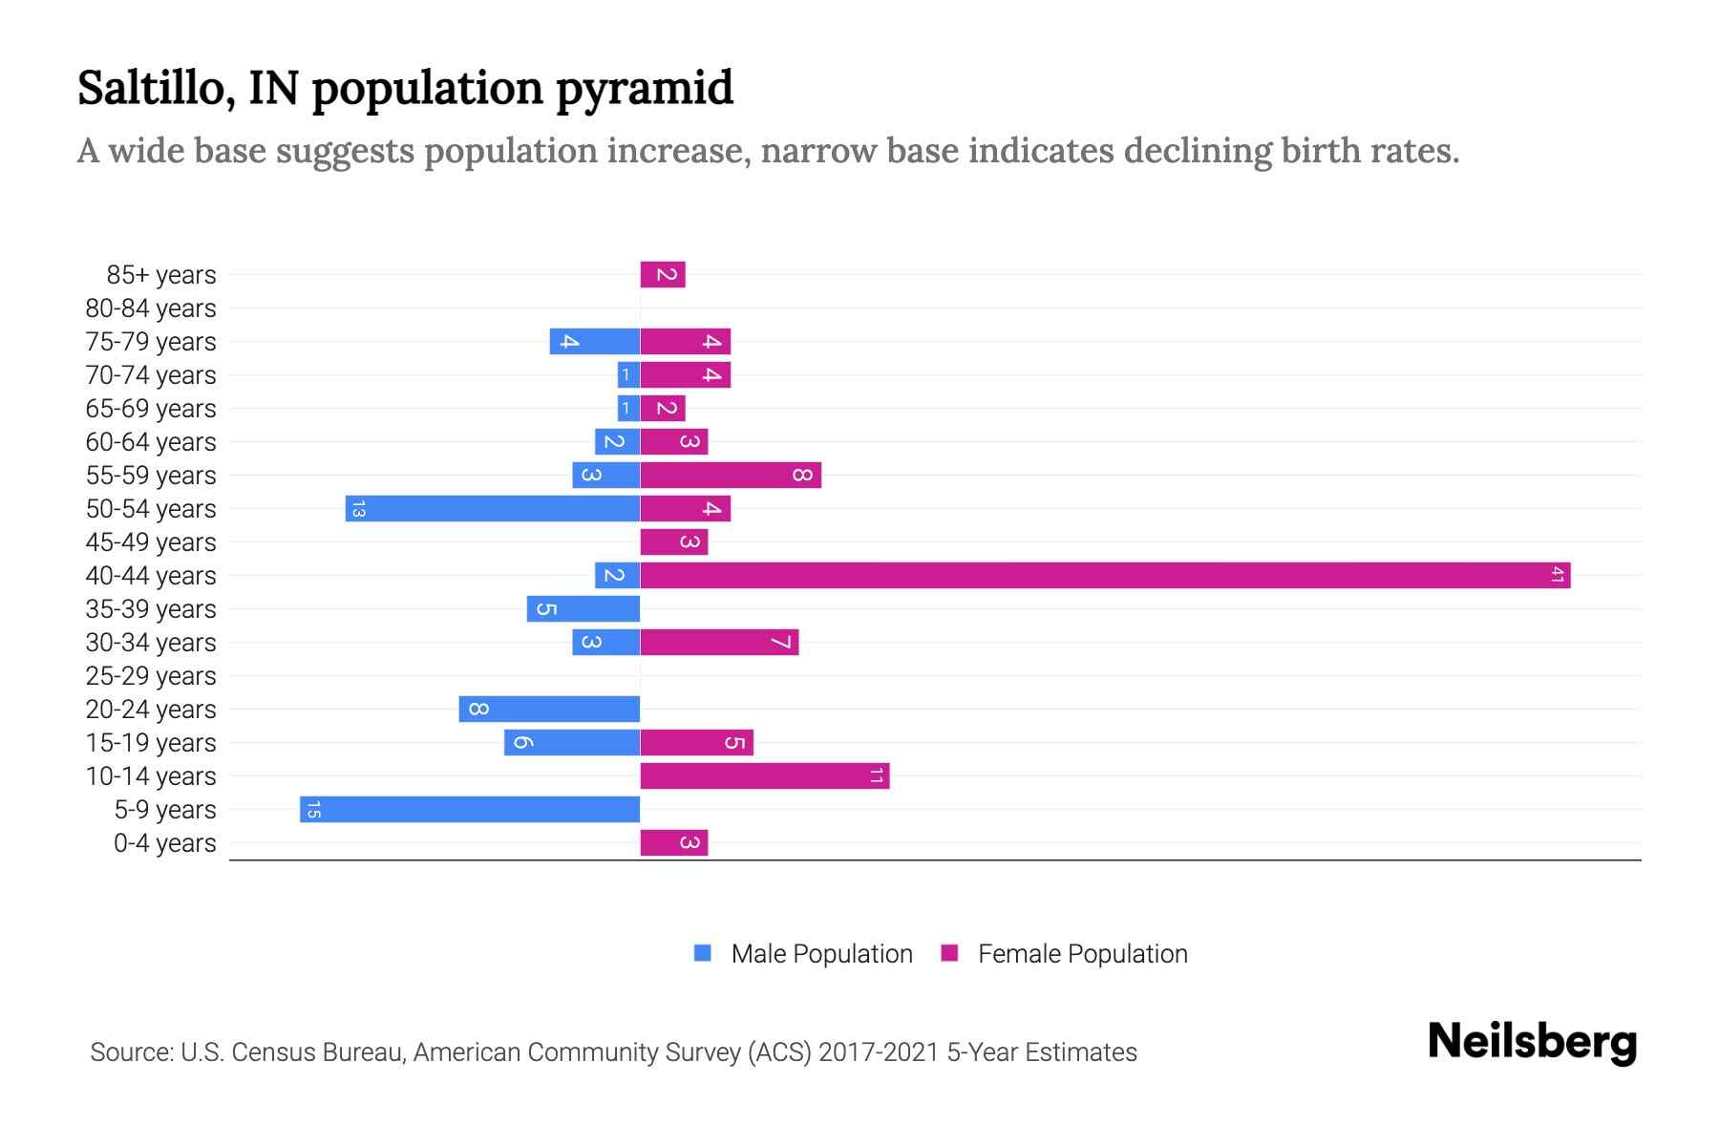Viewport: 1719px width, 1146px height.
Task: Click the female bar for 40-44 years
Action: click(1105, 575)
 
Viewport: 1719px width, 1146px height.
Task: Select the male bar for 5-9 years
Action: click(470, 809)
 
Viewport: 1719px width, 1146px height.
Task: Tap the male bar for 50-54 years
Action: click(493, 508)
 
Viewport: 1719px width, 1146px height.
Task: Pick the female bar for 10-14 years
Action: click(764, 775)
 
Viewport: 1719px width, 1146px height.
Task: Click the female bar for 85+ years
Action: click(663, 275)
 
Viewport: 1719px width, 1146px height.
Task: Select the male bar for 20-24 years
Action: click(549, 709)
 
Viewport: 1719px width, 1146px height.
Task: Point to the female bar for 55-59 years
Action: click(731, 475)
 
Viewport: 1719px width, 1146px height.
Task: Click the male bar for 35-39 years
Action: click(583, 608)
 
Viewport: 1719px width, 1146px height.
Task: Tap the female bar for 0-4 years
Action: click(673, 842)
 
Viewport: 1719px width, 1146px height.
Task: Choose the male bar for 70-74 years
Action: click(628, 374)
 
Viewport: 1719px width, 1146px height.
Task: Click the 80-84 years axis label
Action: click(151, 308)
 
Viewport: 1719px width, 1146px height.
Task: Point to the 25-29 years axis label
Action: click(151, 676)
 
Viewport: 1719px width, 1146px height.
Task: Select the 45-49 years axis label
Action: click(151, 542)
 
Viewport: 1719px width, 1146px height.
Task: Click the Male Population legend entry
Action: click(821, 953)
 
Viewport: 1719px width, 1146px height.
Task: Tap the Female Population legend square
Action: click(949, 953)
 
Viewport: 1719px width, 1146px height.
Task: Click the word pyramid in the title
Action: click(645, 89)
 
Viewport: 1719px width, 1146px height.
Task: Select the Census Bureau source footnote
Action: click(613, 1052)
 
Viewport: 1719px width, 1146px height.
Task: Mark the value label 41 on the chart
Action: click(1558, 575)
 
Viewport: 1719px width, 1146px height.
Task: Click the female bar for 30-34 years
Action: click(719, 642)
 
